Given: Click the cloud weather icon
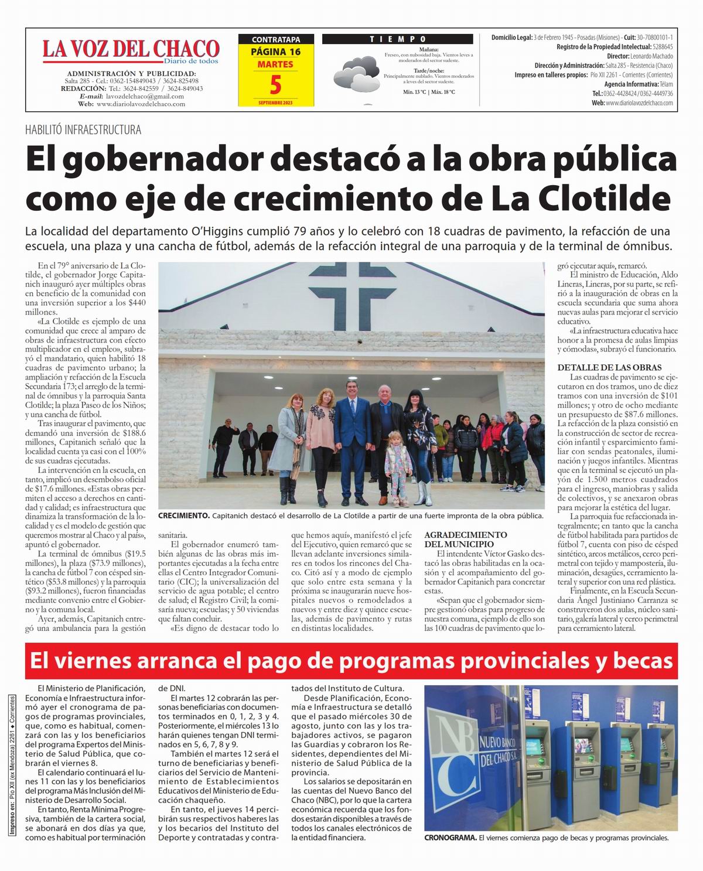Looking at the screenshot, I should pyautogui.click(x=356, y=73).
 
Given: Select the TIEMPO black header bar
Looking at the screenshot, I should pyautogui.click(x=398, y=39).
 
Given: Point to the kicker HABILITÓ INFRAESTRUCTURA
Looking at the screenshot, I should pyautogui.click(x=83, y=130).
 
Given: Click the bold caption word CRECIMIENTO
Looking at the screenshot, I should pyautogui.click(x=183, y=516).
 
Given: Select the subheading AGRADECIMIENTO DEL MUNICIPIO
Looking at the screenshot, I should pyautogui.click(x=465, y=539).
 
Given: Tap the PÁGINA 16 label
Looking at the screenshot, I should pyautogui.click(x=276, y=52).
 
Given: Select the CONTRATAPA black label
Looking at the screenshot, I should pyautogui.click(x=276, y=40).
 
